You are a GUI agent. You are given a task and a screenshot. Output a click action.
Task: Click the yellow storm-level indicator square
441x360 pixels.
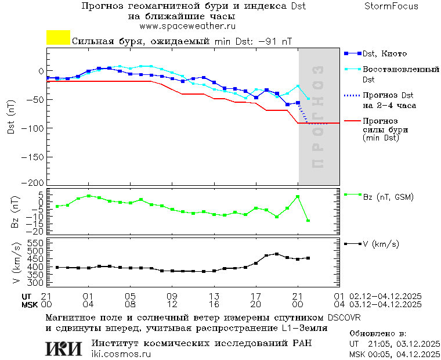coord(58,38)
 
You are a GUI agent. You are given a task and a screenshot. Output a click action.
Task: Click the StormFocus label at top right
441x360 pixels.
coord(391,6)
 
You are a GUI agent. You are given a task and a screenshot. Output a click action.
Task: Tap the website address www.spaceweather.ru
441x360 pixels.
coord(187,27)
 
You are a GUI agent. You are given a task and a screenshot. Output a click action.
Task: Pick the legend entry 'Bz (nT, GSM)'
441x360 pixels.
coord(388,197)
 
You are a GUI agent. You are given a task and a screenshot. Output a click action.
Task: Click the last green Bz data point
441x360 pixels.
coord(308,221)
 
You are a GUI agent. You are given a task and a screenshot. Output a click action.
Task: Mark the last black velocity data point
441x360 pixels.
coord(308,258)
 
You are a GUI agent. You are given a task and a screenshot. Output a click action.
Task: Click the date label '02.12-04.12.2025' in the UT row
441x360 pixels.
coord(385,296)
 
